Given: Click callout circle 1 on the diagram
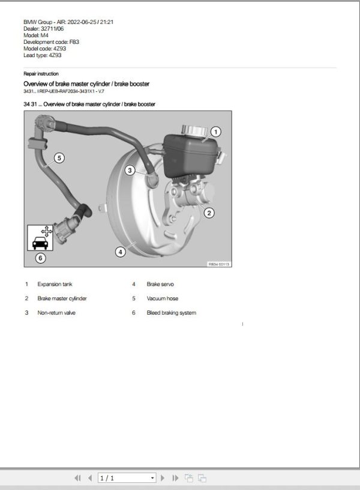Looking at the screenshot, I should point(217,132).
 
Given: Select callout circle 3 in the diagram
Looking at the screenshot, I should point(130,171).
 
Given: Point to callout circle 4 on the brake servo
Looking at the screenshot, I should point(121,252).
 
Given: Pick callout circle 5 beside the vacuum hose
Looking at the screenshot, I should point(59,158).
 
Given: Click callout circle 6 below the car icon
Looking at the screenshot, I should point(40,258).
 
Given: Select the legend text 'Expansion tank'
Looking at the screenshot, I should point(55,284).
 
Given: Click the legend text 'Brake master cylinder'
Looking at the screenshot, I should point(62,298).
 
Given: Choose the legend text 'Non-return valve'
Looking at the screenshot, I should point(56,313).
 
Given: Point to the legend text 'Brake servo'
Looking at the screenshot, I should point(160,284).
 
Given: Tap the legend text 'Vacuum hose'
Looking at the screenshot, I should point(162,298).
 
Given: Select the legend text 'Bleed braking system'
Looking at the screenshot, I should point(171,313).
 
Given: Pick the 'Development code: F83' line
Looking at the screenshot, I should point(51,42).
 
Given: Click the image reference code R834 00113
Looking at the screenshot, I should point(219,264).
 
